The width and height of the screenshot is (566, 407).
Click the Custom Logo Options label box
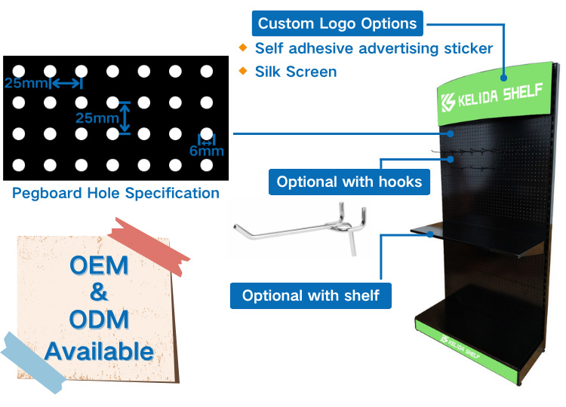tap(337, 23)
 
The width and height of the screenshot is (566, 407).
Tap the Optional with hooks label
tap(349, 182)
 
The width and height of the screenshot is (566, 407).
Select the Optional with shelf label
tap(310, 295)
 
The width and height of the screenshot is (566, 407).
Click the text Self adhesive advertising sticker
tap(374, 48)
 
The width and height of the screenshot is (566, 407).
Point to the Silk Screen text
tap(296, 72)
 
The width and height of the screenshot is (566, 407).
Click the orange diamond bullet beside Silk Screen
tap(243, 71)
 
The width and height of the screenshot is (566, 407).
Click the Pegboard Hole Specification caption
tap(115, 193)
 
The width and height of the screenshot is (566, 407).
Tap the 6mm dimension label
tap(207, 151)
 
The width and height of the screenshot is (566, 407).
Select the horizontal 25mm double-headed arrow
tap(66, 84)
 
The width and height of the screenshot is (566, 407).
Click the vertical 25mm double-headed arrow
tap(125, 118)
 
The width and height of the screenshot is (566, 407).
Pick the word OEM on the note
tap(99, 265)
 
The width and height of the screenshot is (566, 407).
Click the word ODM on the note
tap(99, 320)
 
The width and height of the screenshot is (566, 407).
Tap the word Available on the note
tap(100, 351)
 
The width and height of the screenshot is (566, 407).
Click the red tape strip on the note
tap(149, 246)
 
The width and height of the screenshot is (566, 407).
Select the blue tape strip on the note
tap(32, 363)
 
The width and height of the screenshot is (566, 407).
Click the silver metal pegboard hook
tap(300, 228)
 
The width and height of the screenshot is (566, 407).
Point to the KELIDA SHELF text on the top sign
tap(500, 95)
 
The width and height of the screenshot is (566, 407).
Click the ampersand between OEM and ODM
tap(99, 292)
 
